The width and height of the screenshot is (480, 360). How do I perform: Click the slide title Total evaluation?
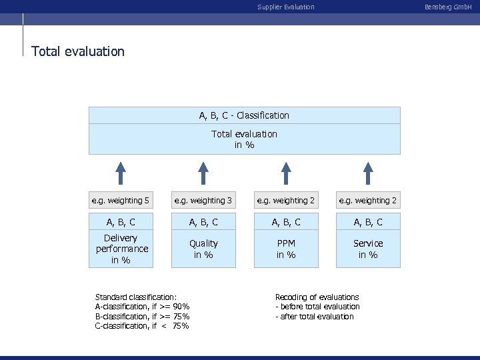point(78,51)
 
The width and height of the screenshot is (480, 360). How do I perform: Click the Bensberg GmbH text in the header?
point(453,7)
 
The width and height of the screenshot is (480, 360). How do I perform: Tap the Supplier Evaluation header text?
point(286,7)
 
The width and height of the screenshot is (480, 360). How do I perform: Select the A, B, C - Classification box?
point(244,115)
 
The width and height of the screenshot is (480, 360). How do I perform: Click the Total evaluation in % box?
point(244,139)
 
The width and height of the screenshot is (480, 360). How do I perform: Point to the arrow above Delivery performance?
point(121,172)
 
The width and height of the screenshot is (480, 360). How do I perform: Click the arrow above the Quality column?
point(203,172)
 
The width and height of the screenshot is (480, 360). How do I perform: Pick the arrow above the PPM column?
point(286,172)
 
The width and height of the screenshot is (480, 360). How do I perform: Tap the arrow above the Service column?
point(368,172)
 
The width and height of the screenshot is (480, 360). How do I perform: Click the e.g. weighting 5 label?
point(121,200)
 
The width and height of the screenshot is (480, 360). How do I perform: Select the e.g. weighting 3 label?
point(203,200)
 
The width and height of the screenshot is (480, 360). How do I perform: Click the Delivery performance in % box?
point(121,249)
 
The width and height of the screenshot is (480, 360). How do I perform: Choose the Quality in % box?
point(203,249)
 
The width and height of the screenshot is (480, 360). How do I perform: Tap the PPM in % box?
point(286,249)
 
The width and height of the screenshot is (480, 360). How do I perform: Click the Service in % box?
point(368,249)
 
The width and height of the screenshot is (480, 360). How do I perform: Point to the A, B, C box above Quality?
point(203,222)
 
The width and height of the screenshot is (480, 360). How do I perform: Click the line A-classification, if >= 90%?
point(142,307)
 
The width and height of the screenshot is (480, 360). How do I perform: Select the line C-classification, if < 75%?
point(142,326)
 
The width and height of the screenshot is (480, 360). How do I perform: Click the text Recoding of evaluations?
point(317,297)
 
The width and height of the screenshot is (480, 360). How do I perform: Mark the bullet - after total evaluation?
point(315,317)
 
